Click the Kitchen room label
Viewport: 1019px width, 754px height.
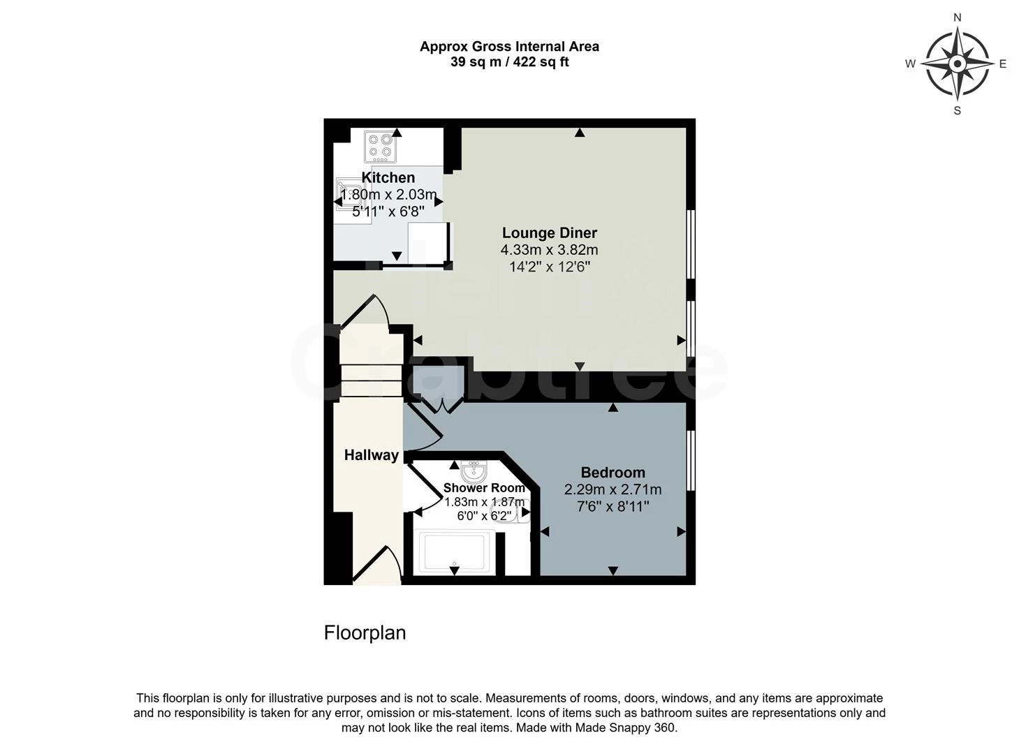click(x=388, y=177)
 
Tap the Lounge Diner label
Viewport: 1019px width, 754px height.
click(x=550, y=233)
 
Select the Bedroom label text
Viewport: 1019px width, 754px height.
click(x=613, y=473)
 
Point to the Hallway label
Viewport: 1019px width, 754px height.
click(x=371, y=455)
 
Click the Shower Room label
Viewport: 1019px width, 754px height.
click(x=484, y=488)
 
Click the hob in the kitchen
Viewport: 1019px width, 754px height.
click(x=381, y=146)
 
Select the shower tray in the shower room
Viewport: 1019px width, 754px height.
click(x=454, y=552)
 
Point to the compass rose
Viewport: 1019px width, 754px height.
click(x=957, y=64)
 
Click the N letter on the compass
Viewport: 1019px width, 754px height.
click(x=958, y=17)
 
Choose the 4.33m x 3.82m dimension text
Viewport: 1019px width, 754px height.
click(x=549, y=250)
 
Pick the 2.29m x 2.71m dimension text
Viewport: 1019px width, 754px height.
click(x=613, y=489)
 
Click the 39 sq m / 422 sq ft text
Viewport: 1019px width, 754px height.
click(x=509, y=62)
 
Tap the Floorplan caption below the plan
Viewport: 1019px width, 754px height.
click(x=365, y=633)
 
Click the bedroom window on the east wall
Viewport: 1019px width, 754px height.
click(x=690, y=460)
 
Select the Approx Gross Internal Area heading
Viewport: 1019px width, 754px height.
click(x=509, y=47)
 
